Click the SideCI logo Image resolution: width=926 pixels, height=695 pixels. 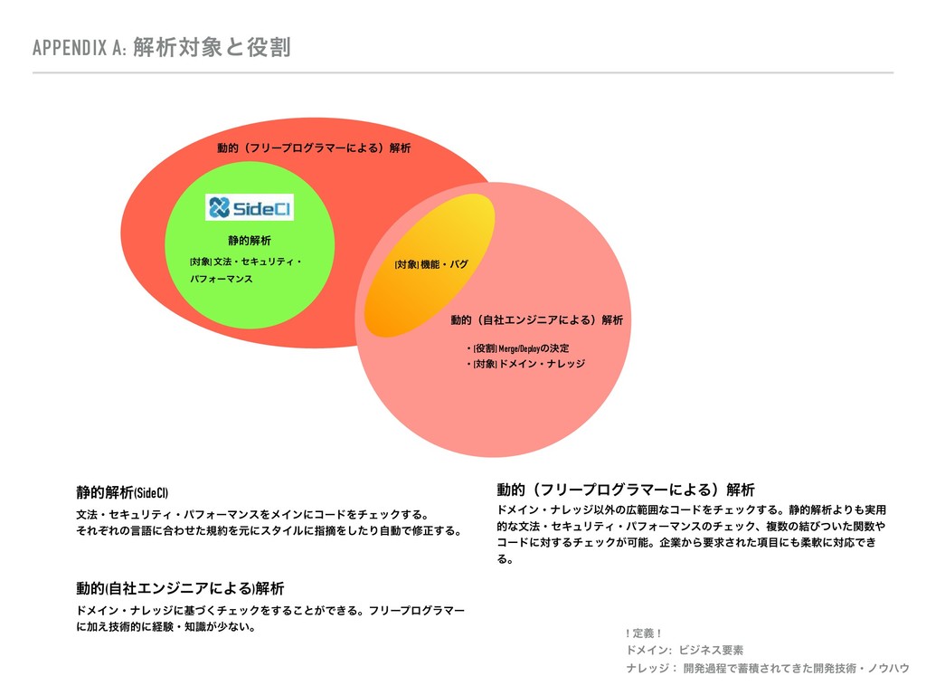coord(249,208)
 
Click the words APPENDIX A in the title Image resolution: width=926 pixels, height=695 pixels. coord(78,47)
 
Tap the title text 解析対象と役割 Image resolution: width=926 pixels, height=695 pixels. coord(211,47)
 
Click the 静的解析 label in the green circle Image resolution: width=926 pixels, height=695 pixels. coord(249,241)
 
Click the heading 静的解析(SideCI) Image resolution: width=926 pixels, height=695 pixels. coord(122,492)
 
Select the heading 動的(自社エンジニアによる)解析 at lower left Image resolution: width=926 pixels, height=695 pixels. coord(180,589)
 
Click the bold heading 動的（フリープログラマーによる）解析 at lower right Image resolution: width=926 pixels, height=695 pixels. coord(625,490)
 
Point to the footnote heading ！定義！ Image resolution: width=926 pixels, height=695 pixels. coord(644,633)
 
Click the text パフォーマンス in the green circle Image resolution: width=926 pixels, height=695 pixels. coord(221,280)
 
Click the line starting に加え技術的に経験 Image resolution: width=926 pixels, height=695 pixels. coord(166,626)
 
